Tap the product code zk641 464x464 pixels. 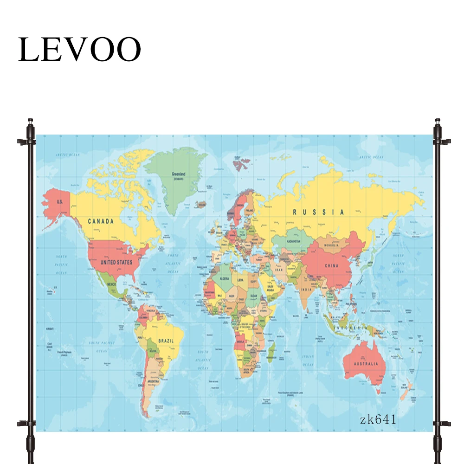click(378, 420)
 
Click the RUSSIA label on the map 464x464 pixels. click(318, 212)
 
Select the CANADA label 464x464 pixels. click(101, 221)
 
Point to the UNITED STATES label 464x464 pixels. click(116, 262)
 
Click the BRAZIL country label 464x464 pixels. click(166, 341)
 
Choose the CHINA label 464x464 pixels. click(331, 266)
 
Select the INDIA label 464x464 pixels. click(306, 290)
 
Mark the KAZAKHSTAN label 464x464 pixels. click(294, 242)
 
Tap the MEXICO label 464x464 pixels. click(112, 284)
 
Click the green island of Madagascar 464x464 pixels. click(272, 349)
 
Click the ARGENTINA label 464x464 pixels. click(153, 381)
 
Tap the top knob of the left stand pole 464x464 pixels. click(30, 122)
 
